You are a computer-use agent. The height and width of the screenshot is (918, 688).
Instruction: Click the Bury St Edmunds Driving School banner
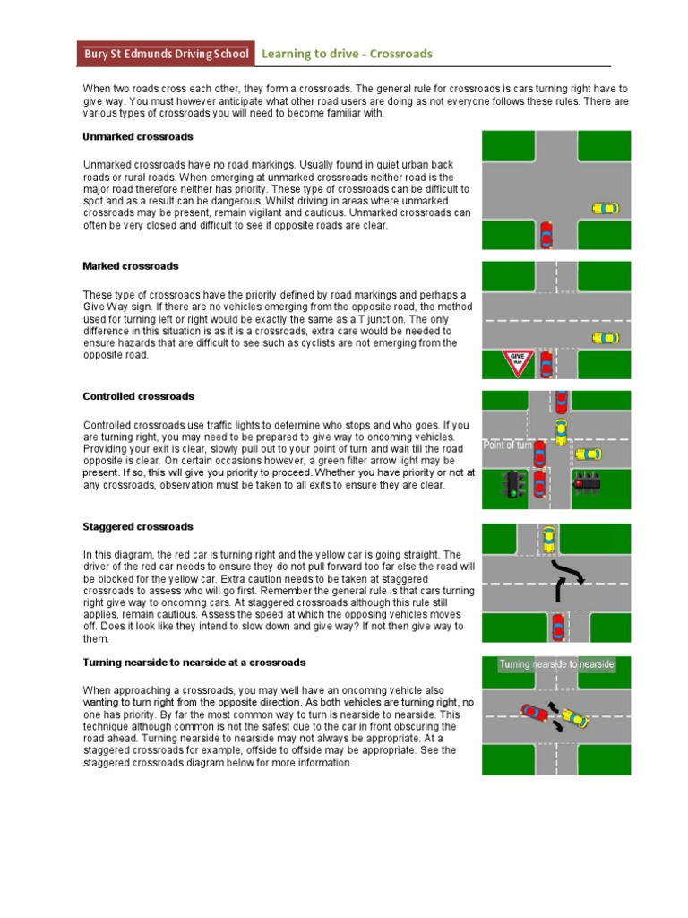(165, 54)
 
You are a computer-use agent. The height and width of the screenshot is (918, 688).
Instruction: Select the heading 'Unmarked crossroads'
(137, 137)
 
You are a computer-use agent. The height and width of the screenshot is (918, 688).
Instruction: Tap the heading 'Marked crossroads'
(131, 266)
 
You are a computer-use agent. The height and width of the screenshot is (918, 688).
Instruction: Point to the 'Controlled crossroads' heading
(138, 396)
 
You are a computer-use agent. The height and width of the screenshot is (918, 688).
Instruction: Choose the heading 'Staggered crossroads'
(138, 526)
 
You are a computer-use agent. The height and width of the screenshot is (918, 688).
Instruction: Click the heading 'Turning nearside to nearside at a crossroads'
(194, 663)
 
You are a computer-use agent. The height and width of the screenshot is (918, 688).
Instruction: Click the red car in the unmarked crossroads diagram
(546, 236)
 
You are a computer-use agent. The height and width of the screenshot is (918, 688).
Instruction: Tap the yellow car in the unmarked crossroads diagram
(606, 208)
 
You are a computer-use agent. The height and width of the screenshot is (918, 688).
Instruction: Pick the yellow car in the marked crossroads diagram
(606, 338)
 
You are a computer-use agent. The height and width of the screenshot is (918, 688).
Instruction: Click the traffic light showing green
(513, 484)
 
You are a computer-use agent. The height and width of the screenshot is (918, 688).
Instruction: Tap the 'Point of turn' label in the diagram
(508, 445)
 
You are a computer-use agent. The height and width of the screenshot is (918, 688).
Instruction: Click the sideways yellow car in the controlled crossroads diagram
(588, 454)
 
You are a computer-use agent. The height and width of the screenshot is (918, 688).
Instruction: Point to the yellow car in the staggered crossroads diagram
(548, 540)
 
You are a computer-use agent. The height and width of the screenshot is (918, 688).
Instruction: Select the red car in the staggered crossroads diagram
(557, 625)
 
